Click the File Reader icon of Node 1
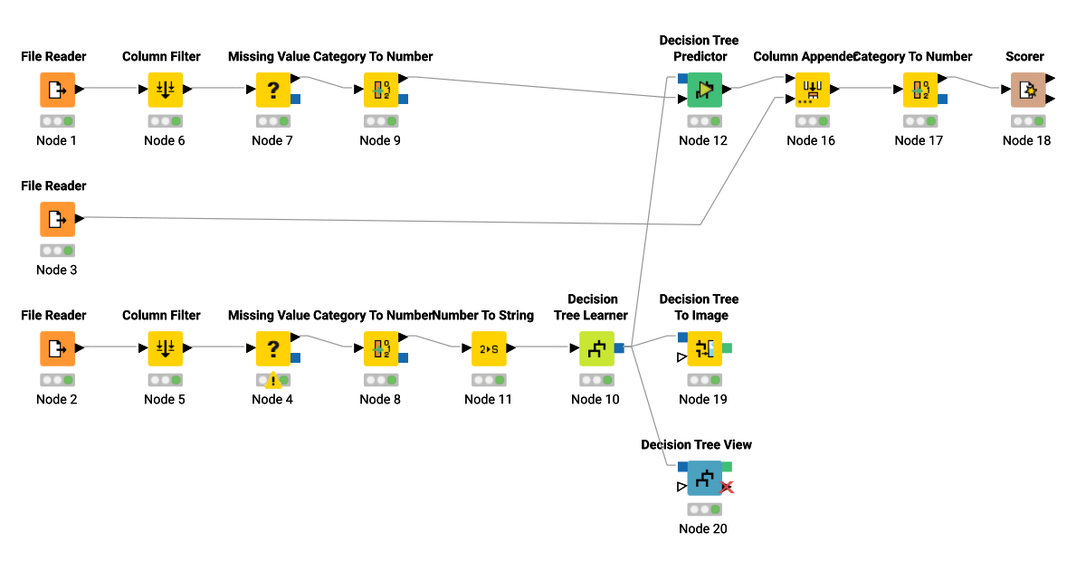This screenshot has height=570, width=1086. pyautogui.click(x=57, y=90)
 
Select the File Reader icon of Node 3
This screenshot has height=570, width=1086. pyautogui.click(x=57, y=219)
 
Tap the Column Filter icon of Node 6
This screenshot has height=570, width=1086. pyautogui.click(x=166, y=90)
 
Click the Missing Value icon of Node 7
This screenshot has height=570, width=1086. pyautogui.click(x=272, y=90)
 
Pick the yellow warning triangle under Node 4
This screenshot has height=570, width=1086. pyautogui.click(x=272, y=381)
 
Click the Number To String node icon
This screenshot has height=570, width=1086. pyautogui.click(x=489, y=348)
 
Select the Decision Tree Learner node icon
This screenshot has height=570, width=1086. pyautogui.click(x=596, y=348)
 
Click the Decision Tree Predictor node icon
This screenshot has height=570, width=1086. pyautogui.click(x=704, y=90)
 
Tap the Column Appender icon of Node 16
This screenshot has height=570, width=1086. pyautogui.click(x=812, y=90)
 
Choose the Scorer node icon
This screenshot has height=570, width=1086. pyautogui.click(x=1027, y=90)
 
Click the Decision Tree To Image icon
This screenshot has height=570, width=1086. pyautogui.click(x=704, y=348)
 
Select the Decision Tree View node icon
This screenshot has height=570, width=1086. pyautogui.click(x=704, y=478)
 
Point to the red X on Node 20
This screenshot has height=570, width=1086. pyautogui.click(x=727, y=488)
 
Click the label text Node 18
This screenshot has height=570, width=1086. pyautogui.click(x=1026, y=140)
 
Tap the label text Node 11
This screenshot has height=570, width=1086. pyautogui.click(x=488, y=399)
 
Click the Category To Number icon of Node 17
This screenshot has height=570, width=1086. pyautogui.click(x=919, y=90)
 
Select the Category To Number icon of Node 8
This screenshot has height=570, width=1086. pyautogui.click(x=381, y=348)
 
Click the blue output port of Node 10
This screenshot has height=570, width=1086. pyautogui.click(x=619, y=348)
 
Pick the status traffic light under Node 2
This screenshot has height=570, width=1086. pyautogui.click(x=57, y=380)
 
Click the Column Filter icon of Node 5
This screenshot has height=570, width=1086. pyautogui.click(x=166, y=348)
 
